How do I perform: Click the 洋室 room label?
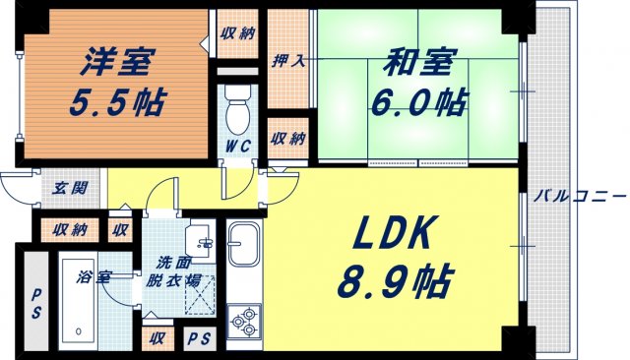pyautogui.click(x=115, y=62)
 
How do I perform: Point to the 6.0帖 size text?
pyautogui.click(x=418, y=99)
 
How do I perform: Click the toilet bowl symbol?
pyautogui.click(x=236, y=114)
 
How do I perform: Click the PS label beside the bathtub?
pyautogui.click(x=37, y=295)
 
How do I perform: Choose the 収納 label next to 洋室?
pyautogui.click(x=237, y=32)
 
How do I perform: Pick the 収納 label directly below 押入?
pyautogui.click(x=289, y=137)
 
